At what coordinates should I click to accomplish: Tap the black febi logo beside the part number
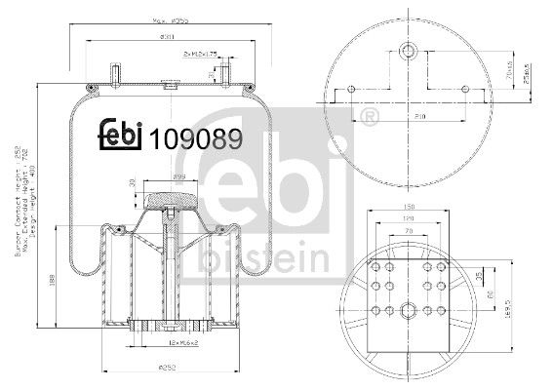122,136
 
